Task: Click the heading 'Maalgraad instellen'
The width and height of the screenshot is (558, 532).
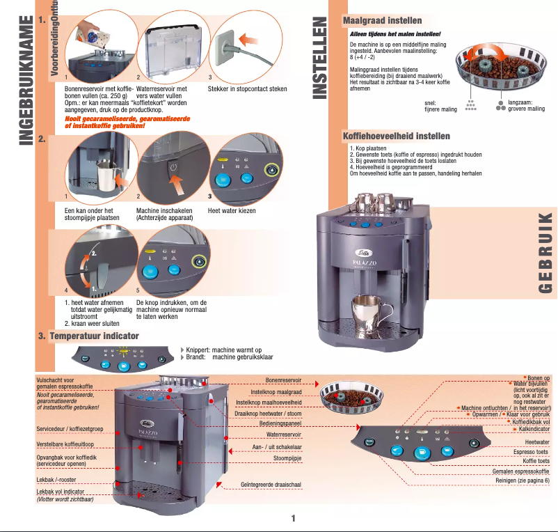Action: click(382, 21)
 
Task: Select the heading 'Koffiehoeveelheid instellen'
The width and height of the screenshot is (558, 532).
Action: click(397, 136)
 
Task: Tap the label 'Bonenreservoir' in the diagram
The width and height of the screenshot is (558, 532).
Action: click(283, 381)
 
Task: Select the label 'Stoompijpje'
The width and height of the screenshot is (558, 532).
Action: click(287, 459)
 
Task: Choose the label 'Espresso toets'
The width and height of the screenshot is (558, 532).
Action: click(531, 451)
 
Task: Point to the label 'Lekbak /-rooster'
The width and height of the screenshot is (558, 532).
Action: click(56, 480)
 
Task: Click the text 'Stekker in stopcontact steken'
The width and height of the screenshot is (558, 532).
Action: click(247, 89)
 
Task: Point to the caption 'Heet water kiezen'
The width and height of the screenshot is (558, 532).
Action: click(232, 210)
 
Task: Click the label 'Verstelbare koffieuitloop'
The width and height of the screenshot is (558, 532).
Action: click(65, 444)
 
